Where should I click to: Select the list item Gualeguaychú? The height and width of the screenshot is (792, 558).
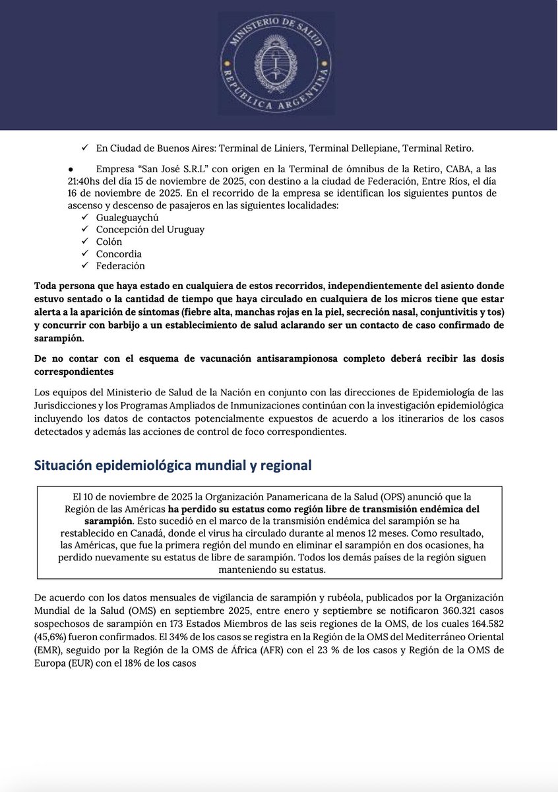point(127,217)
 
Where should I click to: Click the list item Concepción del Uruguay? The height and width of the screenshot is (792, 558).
point(150,229)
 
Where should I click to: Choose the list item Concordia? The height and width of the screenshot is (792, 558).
point(119,253)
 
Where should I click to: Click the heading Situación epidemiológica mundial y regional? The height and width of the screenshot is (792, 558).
point(172,465)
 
